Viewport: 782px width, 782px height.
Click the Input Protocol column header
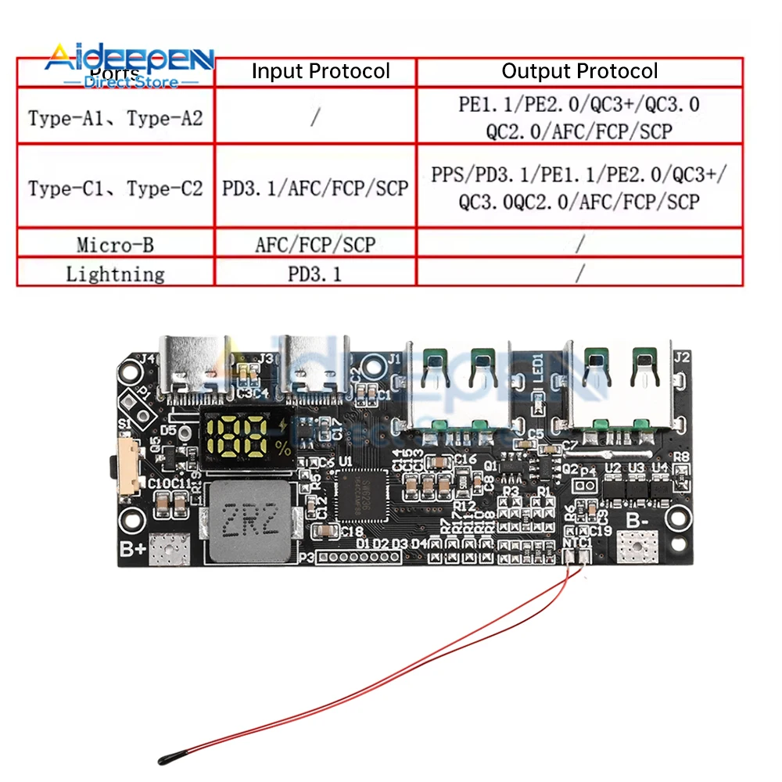(x=320, y=72)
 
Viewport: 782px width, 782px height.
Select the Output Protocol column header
(x=579, y=72)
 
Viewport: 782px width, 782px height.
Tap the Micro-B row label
(x=115, y=246)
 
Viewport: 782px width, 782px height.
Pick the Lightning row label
(x=115, y=274)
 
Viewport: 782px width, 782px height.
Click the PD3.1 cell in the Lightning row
(x=315, y=274)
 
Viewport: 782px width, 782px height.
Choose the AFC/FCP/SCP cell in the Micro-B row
(x=315, y=246)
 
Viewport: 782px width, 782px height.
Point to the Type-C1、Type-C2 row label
(x=115, y=188)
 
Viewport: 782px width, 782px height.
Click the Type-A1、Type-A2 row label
(x=115, y=119)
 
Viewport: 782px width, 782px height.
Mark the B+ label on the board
(x=132, y=549)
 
